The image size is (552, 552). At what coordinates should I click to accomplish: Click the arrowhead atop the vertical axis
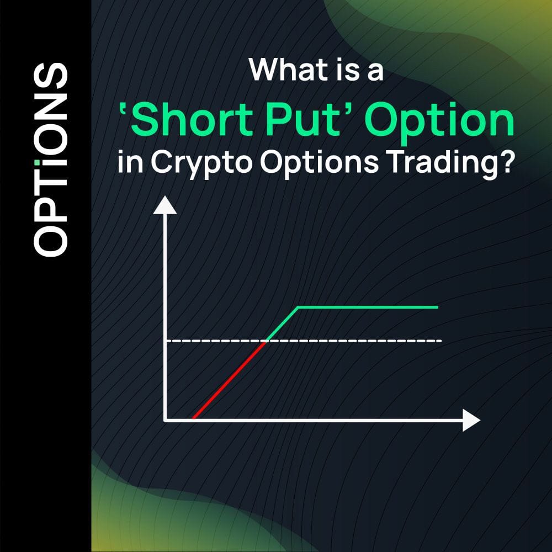[165, 205]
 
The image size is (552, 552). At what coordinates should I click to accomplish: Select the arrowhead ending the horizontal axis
[471, 420]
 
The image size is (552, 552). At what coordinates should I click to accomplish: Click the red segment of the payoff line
[229, 380]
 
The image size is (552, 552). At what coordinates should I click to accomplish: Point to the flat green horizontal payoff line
[367, 307]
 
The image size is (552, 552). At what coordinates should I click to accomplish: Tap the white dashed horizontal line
[353, 341]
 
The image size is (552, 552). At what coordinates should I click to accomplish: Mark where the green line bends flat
[298, 307]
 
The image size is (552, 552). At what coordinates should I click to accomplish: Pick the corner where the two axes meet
[166, 420]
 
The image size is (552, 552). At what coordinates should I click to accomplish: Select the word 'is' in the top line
[338, 70]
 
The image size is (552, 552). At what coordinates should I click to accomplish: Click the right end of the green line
[437, 307]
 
